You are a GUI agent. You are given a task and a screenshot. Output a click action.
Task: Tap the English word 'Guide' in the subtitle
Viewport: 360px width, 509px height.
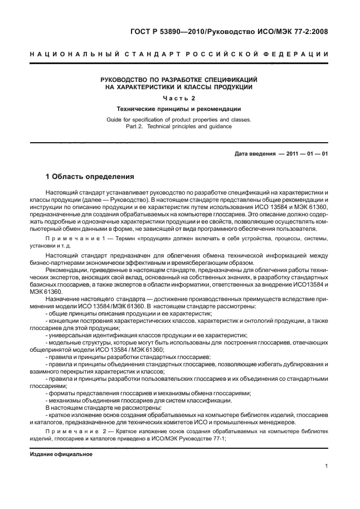[114, 120]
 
